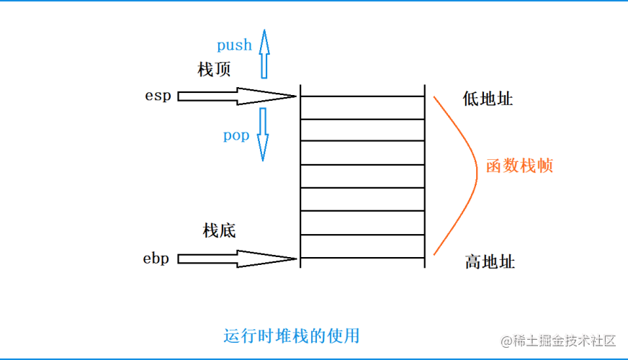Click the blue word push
[x=234, y=45]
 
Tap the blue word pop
[x=235, y=135]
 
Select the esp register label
[x=158, y=95]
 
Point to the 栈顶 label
[x=214, y=70]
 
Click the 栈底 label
[x=219, y=231]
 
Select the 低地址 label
[x=488, y=99]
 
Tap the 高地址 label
[x=490, y=261]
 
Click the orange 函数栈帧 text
[x=519, y=166]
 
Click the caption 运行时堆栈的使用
[x=291, y=336]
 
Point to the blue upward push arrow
[x=264, y=54]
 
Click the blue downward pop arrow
[x=263, y=134]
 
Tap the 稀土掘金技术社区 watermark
[x=559, y=340]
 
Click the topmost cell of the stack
[x=362, y=107]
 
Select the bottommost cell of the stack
[x=362, y=246]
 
